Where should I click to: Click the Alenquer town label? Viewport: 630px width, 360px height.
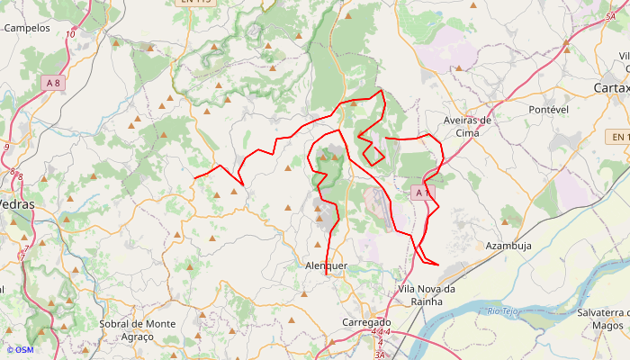click(326, 266)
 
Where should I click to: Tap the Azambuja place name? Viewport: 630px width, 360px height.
click(508, 245)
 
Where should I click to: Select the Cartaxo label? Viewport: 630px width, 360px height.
click(613, 87)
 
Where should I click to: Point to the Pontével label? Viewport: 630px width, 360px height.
click(549, 109)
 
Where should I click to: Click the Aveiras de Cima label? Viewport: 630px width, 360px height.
click(468, 126)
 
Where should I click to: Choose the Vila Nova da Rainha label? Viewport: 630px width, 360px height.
click(427, 294)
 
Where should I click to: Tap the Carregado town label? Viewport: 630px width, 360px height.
click(367, 321)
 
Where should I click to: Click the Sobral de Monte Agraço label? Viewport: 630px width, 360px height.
click(138, 329)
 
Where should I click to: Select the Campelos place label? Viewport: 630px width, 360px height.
click(27, 28)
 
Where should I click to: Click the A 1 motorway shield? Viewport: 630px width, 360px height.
click(423, 193)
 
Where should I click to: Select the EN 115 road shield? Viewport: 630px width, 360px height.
click(195, 2)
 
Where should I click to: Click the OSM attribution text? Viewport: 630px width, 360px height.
click(19, 350)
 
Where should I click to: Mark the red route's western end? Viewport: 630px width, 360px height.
click(194, 177)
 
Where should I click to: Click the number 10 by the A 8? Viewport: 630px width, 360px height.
click(70, 35)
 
